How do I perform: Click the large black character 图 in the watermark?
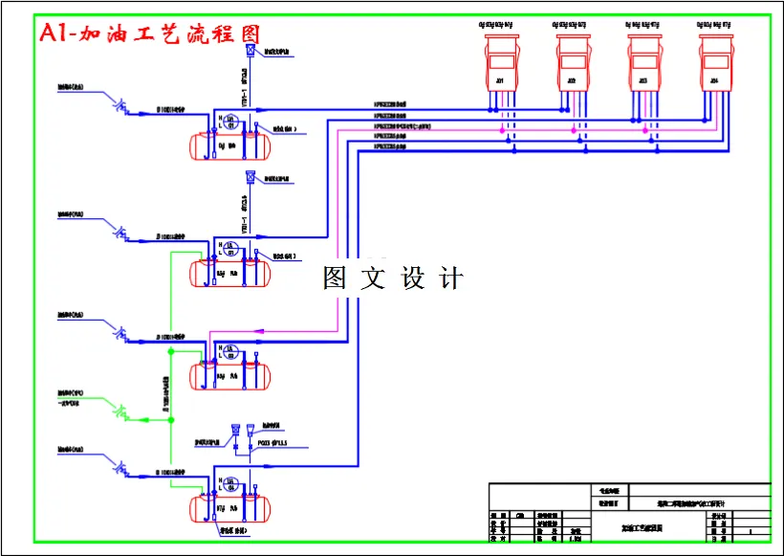[336, 278]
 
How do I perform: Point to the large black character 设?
[412, 278]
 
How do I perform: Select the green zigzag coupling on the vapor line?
[121, 413]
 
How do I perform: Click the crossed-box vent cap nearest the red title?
[250, 51]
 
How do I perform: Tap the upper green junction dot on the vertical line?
[170, 352]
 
